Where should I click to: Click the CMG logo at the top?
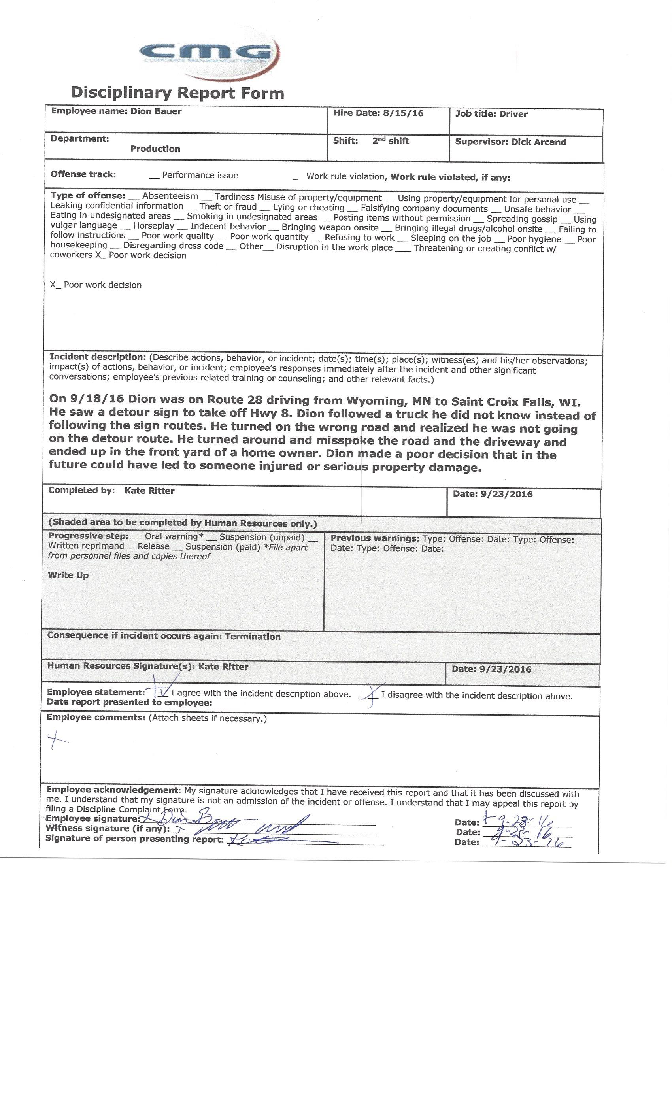coord(209,53)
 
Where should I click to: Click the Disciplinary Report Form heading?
coord(177,93)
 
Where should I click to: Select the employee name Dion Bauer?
coord(156,111)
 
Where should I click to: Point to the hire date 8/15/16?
coord(403,113)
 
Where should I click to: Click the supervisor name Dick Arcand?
coord(538,142)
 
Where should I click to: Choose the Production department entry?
coord(155,149)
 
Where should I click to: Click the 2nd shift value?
coord(391,141)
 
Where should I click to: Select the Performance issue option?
coord(200,175)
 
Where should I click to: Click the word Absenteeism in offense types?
coord(170,196)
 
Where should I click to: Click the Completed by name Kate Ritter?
coord(149,491)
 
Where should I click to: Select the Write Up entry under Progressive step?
coord(68,575)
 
